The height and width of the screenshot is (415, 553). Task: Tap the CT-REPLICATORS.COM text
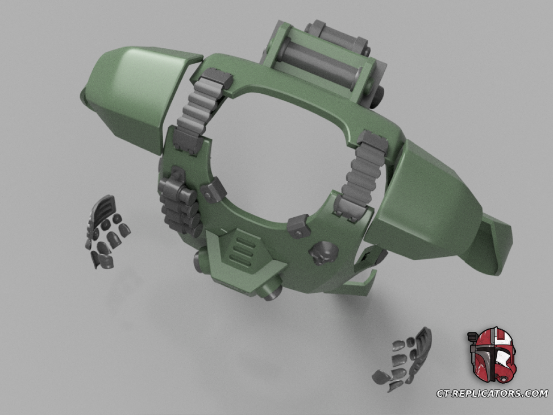pyautogui.click(x=492, y=393)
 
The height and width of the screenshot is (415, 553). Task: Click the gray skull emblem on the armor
pyautogui.click(x=323, y=252)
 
